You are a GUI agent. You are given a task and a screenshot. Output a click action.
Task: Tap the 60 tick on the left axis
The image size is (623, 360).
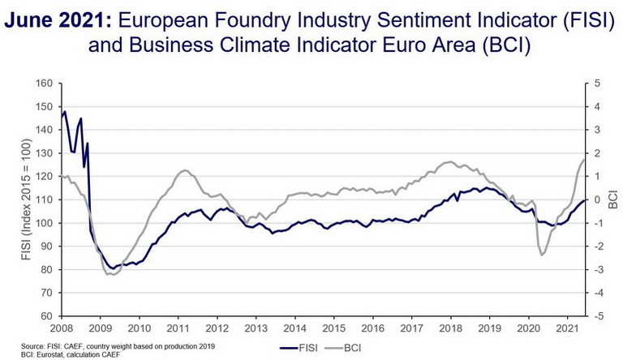point(44,316)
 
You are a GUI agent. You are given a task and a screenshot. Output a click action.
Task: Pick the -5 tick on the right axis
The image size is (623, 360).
point(597,316)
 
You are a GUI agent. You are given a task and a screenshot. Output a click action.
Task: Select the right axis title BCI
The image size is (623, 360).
point(612,199)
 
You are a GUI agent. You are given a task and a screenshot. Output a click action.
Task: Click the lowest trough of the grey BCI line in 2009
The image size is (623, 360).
point(110,276)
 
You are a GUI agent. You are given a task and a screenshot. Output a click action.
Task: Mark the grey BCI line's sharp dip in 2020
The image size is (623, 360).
point(542,255)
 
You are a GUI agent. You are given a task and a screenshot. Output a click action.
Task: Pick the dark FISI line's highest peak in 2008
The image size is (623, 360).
point(65,112)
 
